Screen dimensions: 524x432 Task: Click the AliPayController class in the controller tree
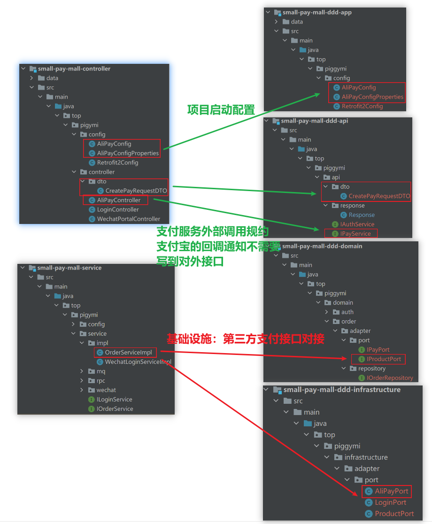tap(118, 200)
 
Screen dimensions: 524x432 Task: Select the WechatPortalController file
tap(128, 219)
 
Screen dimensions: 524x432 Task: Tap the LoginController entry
tap(118, 209)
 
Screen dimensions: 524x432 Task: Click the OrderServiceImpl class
tap(128, 353)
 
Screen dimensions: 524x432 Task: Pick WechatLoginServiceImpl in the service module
tap(138, 362)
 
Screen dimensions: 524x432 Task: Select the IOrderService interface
tap(115, 409)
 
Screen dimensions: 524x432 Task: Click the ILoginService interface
tap(114, 400)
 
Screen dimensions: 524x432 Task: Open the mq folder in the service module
tap(100, 371)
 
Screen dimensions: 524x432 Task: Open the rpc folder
tap(100, 381)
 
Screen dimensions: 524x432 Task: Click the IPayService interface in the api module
tap(355, 234)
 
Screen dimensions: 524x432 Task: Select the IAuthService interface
tap(357, 224)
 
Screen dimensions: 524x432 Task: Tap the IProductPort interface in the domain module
tap(384, 359)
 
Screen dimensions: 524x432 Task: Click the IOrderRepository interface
tap(390, 378)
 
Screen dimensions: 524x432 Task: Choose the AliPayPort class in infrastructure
tap(391, 491)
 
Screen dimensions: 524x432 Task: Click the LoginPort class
tap(390, 502)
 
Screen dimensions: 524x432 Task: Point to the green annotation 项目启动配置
tap(221, 110)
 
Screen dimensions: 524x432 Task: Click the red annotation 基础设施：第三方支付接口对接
tap(245, 339)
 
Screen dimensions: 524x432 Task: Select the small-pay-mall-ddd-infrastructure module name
tap(342, 390)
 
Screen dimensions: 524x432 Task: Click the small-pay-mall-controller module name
tap(74, 69)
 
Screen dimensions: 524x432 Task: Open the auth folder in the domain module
tap(347, 312)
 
